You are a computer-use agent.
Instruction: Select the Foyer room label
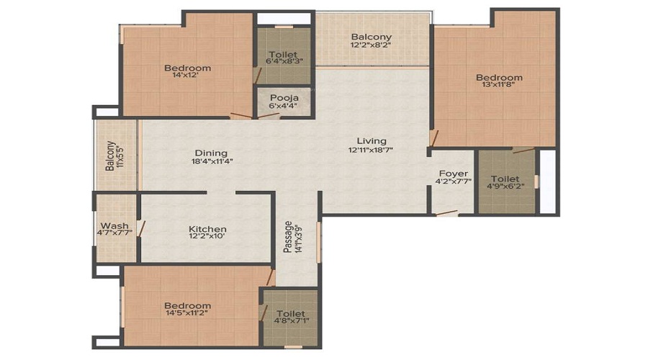coord(454,174)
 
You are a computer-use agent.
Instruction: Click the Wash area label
coord(114,225)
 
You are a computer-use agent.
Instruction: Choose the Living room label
coord(372,140)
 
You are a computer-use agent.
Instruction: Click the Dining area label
coord(211,153)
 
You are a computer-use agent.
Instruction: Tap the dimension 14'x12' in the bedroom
coord(188,78)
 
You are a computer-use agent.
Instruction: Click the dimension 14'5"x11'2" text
coord(188,315)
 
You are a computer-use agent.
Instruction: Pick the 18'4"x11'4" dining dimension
coord(211,161)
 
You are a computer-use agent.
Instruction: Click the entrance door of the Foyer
coord(446,212)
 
